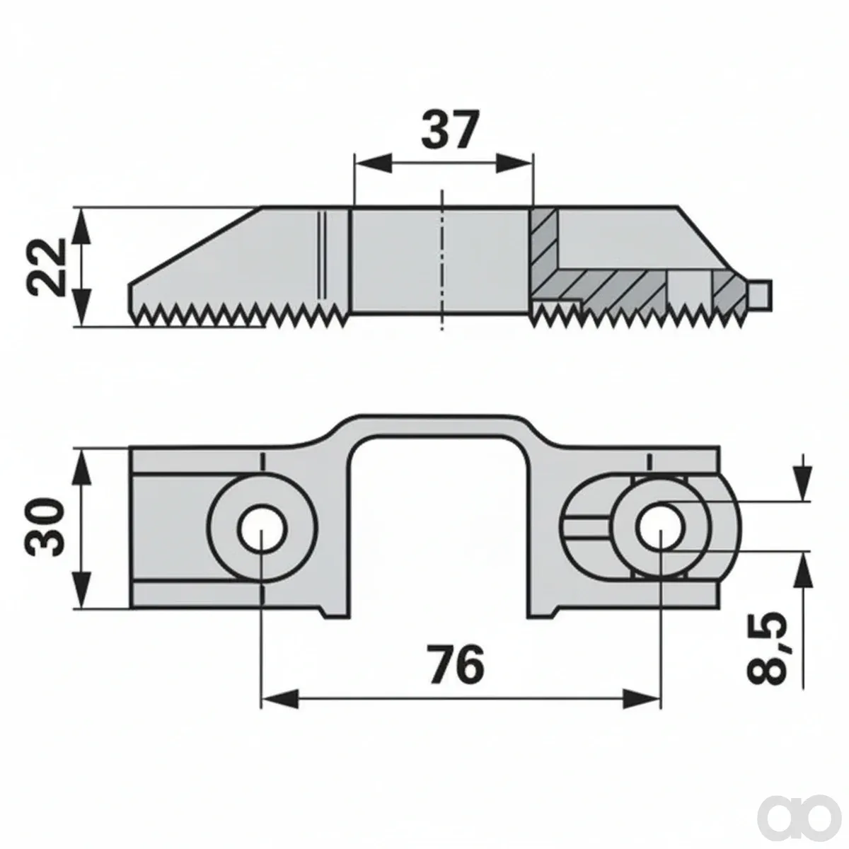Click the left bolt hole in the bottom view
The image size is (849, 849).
click(262, 528)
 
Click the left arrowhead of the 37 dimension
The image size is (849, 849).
click(373, 163)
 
